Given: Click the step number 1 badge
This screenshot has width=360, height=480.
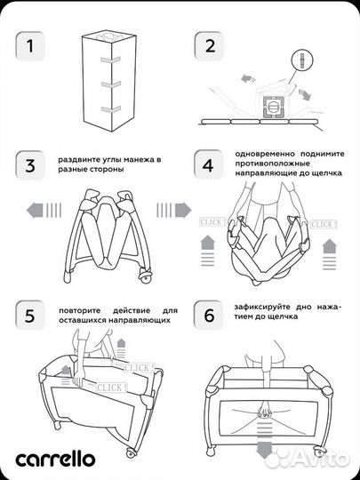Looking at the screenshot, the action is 30,46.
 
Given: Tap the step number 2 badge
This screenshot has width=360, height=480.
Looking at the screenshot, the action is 210,46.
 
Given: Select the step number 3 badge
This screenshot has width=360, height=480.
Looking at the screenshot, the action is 30,165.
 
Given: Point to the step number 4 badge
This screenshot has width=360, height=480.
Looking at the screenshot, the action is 208,164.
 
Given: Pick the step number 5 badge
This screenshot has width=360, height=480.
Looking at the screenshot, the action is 29,316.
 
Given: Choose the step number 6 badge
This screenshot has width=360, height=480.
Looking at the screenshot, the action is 209,315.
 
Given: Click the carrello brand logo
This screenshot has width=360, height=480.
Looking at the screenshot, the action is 55,459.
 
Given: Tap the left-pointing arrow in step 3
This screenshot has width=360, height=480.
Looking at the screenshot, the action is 44,211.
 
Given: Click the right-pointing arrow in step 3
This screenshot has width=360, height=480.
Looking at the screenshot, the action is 174,210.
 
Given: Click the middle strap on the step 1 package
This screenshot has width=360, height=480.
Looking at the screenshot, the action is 110,84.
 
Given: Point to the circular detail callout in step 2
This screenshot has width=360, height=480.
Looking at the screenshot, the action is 302,60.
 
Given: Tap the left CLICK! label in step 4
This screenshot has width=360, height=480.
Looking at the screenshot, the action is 213,222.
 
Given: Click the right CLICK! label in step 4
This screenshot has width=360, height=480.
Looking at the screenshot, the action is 324,224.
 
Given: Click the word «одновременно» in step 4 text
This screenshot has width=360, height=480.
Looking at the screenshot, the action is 265,154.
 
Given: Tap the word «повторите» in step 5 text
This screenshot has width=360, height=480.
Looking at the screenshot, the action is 80,310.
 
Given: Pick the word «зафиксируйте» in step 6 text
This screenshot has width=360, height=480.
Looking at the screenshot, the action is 263,307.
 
